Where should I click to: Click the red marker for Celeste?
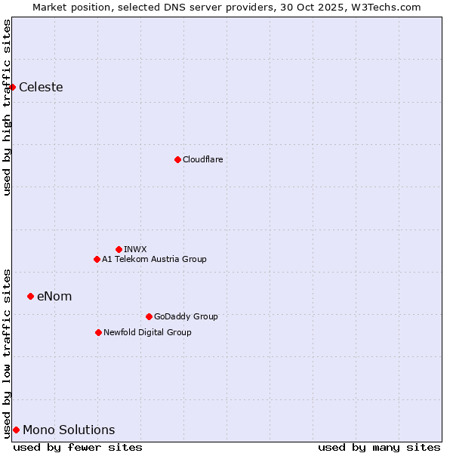[x=13, y=87]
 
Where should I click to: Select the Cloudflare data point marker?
[x=177, y=159]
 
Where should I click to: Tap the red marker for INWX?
[x=119, y=249]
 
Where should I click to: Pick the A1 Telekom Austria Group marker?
[x=97, y=259]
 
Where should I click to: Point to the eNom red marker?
[x=30, y=296]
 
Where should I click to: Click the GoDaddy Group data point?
[x=149, y=316]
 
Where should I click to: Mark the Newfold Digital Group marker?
[x=98, y=332]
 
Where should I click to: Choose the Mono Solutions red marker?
[x=16, y=430]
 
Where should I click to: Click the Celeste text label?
[x=41, y=87]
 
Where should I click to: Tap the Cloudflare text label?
[x=202, y=159]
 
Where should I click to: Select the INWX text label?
[x=135, y=249]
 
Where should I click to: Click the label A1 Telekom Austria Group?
[x=154, y=259]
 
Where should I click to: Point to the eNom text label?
[x=54, y=296]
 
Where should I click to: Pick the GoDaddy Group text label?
[x=186, y=316]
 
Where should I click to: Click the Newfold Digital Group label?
[x=147, y=332]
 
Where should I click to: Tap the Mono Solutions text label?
[x=69, y=430]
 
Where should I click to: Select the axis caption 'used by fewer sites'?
[x=78, y=447]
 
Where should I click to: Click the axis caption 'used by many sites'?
[x=379, y=447]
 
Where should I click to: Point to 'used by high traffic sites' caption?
[x=7, y=107]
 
